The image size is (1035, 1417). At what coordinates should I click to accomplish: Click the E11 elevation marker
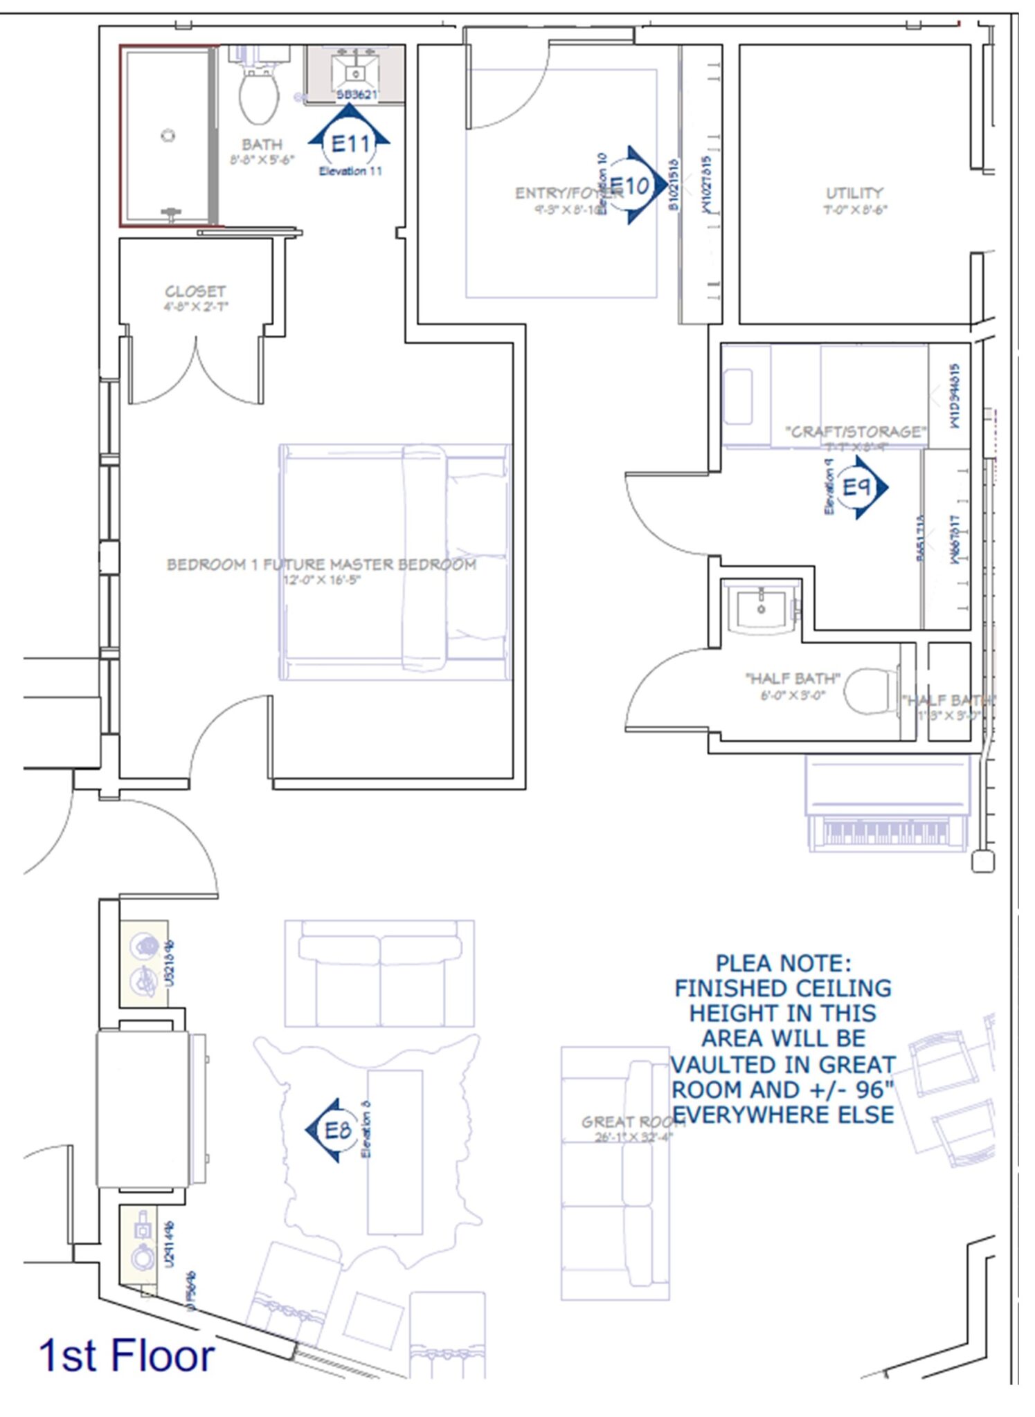pyautogui.click(x=350, y=143)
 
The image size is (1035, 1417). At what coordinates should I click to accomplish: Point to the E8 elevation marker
pyautogui.click(x=335, y=1131)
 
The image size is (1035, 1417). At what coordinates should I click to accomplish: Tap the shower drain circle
pyautogui.click(x=168, y=136)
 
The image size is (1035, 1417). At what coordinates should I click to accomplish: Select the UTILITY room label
pyautogui.click(x=854, y=193)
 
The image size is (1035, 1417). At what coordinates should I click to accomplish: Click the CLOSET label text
pyautogui.click(x=195, y=291)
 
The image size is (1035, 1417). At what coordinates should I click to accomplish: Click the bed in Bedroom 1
pyautogui.click(x=395, y=560)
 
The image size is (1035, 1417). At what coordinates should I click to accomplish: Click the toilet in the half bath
pyautogui.click(x=868, y=691)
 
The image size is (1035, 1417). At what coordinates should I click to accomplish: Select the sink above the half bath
pyautogui.click(x=761, y=607)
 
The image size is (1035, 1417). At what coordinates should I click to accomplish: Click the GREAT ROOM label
pyautogui.click(x=631, y=1122)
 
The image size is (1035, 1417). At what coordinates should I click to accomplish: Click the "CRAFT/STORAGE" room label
pyautogui.click(x=856, y=432)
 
